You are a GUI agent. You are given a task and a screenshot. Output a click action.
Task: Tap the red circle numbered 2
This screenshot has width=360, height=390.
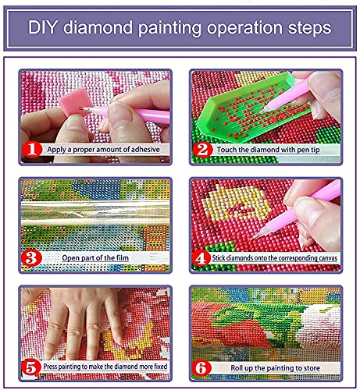pyautogui.click(x=202, y=147)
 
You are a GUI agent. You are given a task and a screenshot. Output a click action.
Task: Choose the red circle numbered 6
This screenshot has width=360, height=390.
pyautogui.click(x=202, y=364)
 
